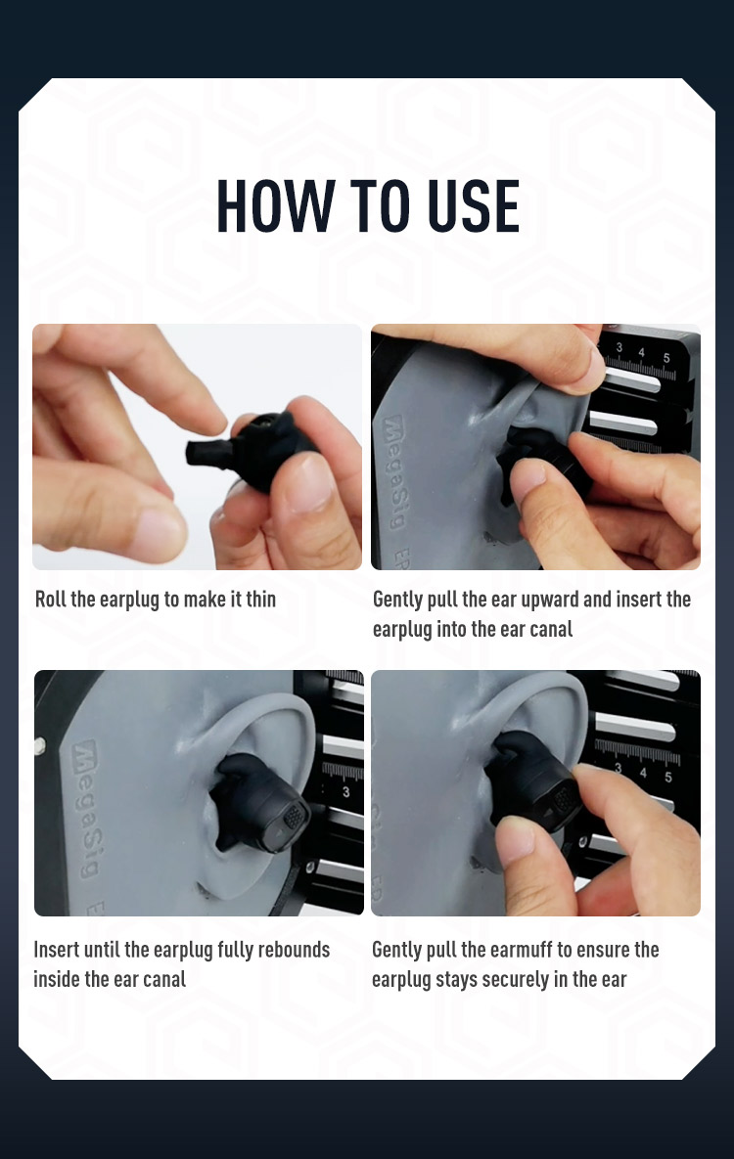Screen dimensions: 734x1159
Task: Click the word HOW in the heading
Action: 275,206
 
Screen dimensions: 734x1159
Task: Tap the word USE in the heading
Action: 474,206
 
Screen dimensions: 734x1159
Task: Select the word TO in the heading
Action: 381,206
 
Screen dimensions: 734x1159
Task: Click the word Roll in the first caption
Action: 50,599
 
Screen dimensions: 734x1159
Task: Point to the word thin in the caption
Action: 260,599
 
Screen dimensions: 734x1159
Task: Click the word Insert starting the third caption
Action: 56,949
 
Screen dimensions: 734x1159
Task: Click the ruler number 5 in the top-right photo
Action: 665,358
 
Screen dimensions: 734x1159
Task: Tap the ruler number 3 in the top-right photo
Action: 619,346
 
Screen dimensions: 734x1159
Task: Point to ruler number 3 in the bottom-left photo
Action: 345,792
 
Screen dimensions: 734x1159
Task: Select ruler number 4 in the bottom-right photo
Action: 643,774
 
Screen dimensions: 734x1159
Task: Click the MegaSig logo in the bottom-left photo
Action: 87,809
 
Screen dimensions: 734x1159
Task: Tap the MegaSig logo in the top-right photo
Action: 394,472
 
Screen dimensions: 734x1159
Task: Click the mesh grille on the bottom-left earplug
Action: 294,816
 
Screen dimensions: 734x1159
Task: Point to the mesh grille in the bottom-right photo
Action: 565,799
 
